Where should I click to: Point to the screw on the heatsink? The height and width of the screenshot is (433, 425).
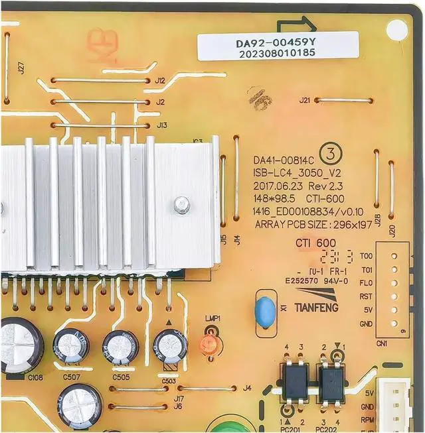[181, 206]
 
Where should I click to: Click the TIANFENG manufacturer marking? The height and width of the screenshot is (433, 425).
[316, 308]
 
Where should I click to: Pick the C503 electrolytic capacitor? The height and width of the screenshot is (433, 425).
[170, 346]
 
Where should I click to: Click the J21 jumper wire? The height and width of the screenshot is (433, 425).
[343, 101]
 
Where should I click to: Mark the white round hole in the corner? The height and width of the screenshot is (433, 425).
[396, 29]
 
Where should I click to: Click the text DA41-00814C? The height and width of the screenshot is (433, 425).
[282, 160]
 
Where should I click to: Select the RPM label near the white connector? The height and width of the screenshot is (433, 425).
[367, 419]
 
